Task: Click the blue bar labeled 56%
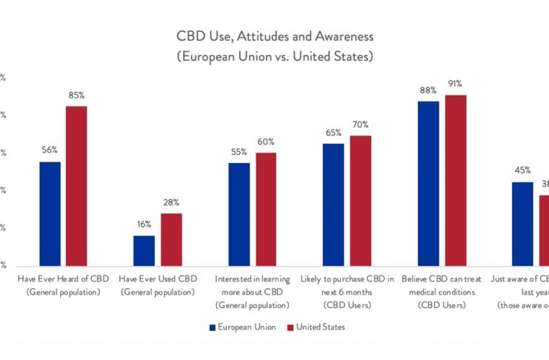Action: point(50,213)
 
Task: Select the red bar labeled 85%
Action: point(76,186)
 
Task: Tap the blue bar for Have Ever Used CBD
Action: point(144,250)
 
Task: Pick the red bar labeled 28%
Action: point(171,239)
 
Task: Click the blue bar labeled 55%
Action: point(239,214)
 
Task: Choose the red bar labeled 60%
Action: point(266,209)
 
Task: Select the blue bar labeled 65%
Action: point(333,204)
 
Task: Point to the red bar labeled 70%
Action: point(361,200)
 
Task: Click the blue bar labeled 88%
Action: point(428,183)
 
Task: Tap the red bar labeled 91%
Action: point(456,180)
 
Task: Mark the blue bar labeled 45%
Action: point(522,224)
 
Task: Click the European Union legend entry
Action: point(242,326)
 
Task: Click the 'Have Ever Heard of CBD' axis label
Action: point(63,286)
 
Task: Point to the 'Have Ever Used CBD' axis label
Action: point(157,286)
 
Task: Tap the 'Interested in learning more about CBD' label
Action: point(252,292)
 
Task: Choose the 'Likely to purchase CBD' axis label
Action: point(347,292)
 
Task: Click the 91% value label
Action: point(455,84)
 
